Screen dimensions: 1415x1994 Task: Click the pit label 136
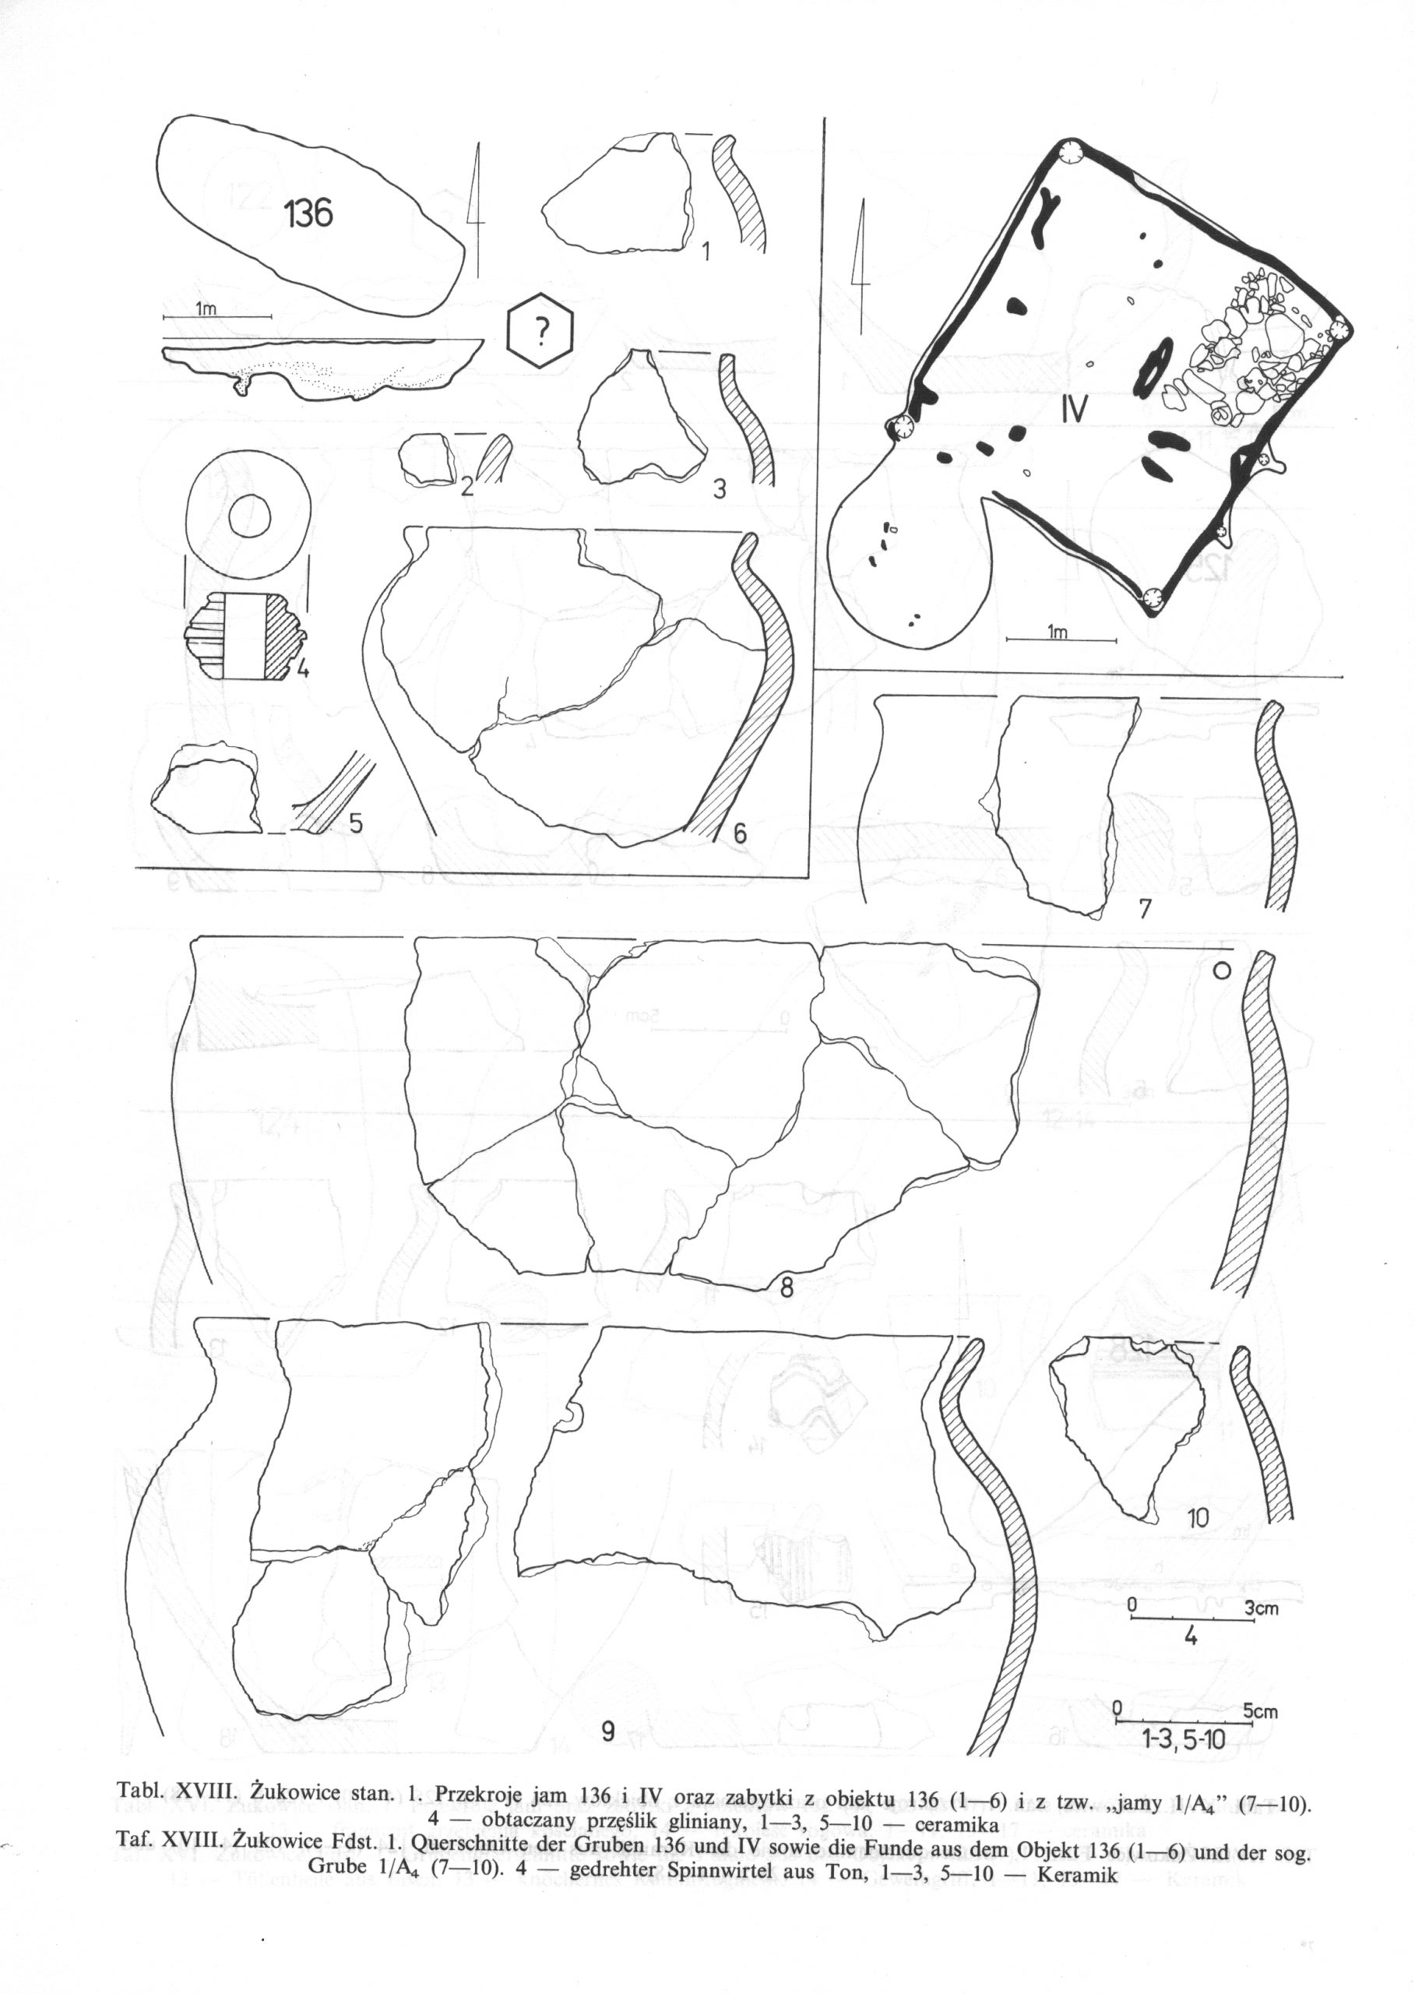pos(308,212)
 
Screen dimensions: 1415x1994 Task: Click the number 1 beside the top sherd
pos(706,252)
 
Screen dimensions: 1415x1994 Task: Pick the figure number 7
pos(1145,909)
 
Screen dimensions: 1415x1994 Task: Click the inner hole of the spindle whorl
pos(248,516)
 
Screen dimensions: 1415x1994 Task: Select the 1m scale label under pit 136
pos(206,308)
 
